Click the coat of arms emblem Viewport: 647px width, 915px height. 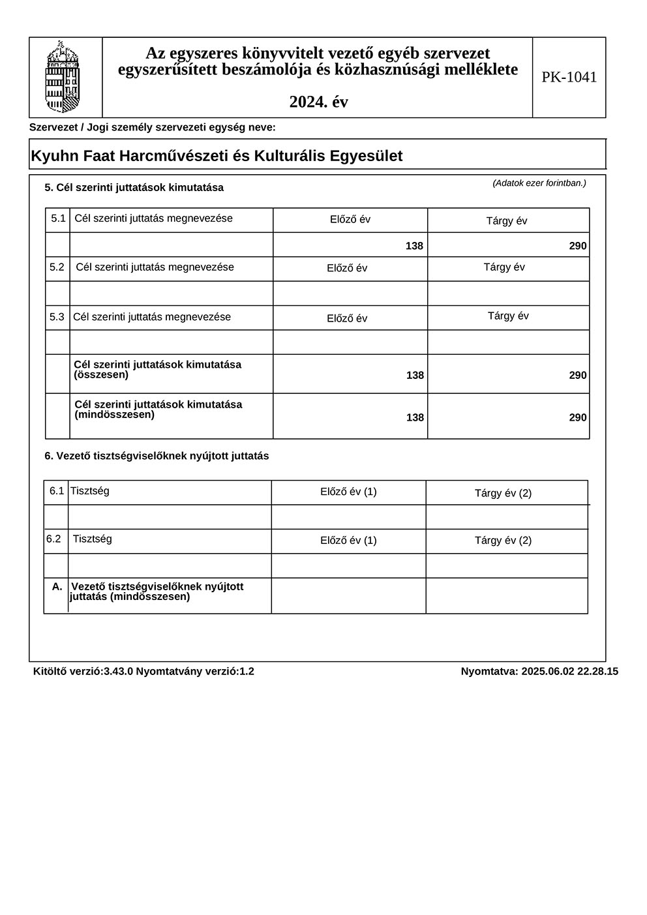(x=63, y=77)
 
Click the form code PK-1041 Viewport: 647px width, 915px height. (x=569, y=77)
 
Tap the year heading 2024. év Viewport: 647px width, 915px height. (x=318, y=102)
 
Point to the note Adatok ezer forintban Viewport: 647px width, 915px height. (x=539, y=183)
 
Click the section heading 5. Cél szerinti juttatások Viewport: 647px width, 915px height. (x=134, y=188)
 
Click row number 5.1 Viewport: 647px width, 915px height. (x=59, y=218)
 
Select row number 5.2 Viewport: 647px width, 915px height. (x=57, y=267)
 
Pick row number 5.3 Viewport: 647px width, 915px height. (x=57, y=317)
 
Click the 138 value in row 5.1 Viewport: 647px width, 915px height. (x=414, y=246)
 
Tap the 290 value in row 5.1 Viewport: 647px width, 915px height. (x=577, y=246)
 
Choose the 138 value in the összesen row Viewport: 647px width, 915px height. (x=415, y=375)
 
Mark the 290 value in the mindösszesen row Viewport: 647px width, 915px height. (x=577, y=417)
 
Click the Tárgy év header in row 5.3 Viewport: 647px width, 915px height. (x=508, y=316)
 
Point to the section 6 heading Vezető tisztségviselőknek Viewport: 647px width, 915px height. (x=157, y=457)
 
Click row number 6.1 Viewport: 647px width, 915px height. (x=57, y=491)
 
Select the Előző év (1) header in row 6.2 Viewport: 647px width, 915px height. (x=348, y=541)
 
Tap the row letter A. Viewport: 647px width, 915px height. (x=57, y=587)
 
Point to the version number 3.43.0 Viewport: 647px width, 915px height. (x=118, y=671)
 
